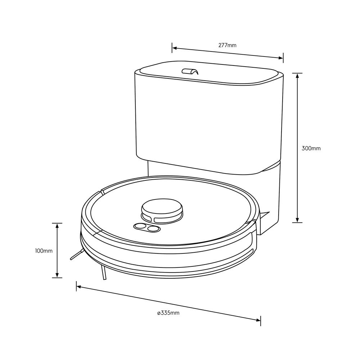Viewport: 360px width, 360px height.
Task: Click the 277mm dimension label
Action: tap(228, 45)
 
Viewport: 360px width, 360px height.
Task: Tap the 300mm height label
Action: tap(311, 148)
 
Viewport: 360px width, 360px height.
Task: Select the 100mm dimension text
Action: tap(44, 251)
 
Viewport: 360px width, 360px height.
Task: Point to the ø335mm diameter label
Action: tap(168, 313)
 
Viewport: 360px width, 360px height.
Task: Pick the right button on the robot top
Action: tap(153, 228)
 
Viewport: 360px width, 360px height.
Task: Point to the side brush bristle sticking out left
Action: tap(76, 256)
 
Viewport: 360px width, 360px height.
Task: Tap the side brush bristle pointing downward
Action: tap(104, 274)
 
